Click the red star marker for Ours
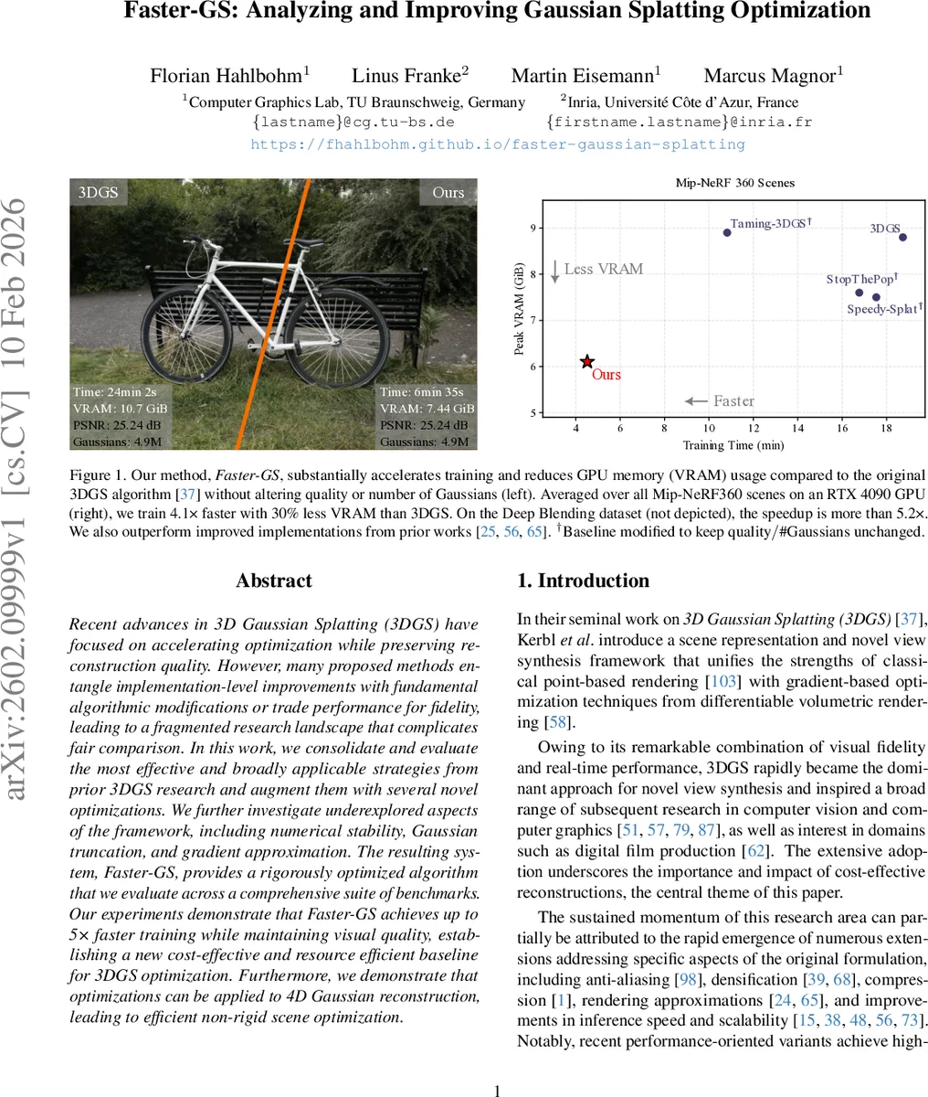[x=587, y=363]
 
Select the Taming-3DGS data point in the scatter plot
[x=727, y=232]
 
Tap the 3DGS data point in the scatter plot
[x=902, y=237]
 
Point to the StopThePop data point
[x=859, y=293]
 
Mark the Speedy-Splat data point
[x=876, y=297]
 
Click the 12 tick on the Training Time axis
[x=753, y=428]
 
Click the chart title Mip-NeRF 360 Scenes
[x=734, y=183]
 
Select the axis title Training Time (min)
[x=733, y=445]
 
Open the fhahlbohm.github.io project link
[x=498, y=144]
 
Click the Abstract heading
[x=273, y=580]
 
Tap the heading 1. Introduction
[x=583, y=580]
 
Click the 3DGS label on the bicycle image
[x=97, y=192]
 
